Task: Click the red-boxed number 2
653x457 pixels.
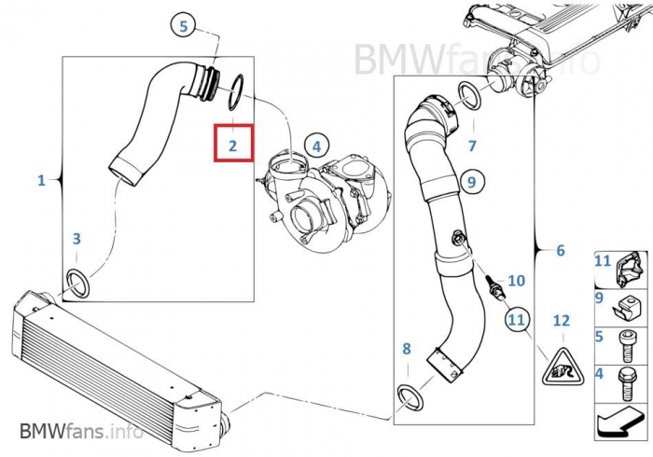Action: click(x=233, y=145)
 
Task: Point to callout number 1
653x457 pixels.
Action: click(x=41, y=179)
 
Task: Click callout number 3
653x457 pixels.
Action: click(x=77, y=240)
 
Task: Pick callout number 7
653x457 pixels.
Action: click(x=472, y=145)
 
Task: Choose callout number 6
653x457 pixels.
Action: click(x=560, y=250)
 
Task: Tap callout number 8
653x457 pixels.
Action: click(x=406, y=349)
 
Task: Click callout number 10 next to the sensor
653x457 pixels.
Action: click(x=516, y=280)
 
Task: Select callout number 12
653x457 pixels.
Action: click(x=560, y=321)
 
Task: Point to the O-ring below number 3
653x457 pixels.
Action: click(x=78, y=282)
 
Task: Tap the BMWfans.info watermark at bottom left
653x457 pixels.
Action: click(x=80, y=431)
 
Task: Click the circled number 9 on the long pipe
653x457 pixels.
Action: click(x=472, y=180)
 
